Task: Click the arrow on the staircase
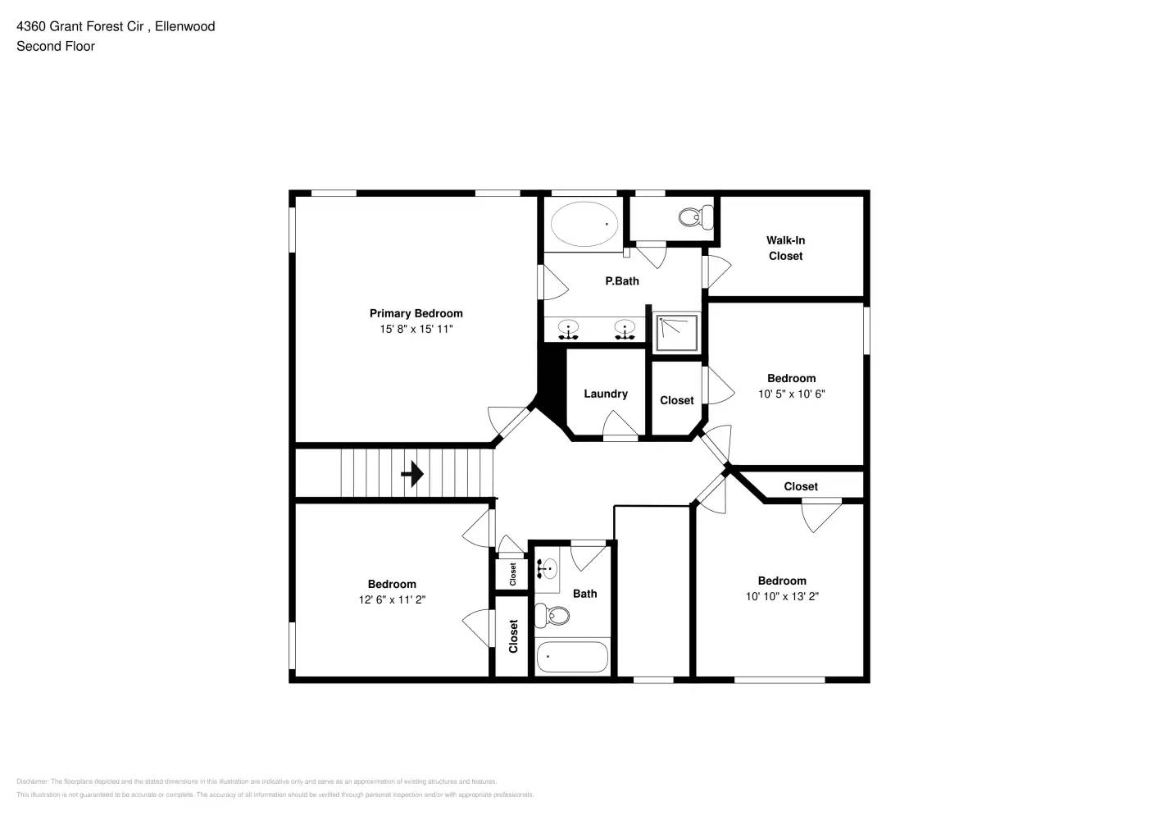pyautogui.click(x=412, y=474)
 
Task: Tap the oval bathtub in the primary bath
pyautogui.click(x=584, y=223)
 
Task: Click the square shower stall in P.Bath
pyautogui.click(x=677, y=333)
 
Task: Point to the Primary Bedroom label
pyautogui.click(x=416, y=313)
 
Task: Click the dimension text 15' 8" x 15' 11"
pyautogui.click(x=416, y=329)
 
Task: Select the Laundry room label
pyautogui.click(x=606, y=394)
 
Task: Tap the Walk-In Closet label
pyautogui.click(x=785, y=248)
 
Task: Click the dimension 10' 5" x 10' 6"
pyautogui.click(x=791, y=394)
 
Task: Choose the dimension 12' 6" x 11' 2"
pyautogui.click(x=392, y=599)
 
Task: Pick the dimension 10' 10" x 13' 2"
pyautogui.click(x=782, y=596)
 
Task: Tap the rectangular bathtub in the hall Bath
pyautogui.click(x=572, y=657)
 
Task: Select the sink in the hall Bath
pyautogui.click(x=548, y=567)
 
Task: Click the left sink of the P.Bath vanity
pyautogui.click(x=568, y=330)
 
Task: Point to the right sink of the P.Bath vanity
pyautogui.click(x=625, y=330)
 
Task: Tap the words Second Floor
pyautogui.click(x=56, y=46)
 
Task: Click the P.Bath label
pyautogui.click(x=622, y=281)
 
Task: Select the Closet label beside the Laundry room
pyautogui.click(x=676, y=400)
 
